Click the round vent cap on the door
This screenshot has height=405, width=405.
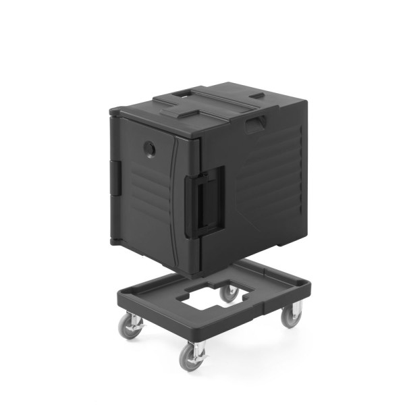pos(150,147)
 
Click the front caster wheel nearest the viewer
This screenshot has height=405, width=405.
pos(192,357)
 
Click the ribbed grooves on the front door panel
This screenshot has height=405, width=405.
pos(150,196)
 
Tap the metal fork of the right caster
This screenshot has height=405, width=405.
pos(289,307)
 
